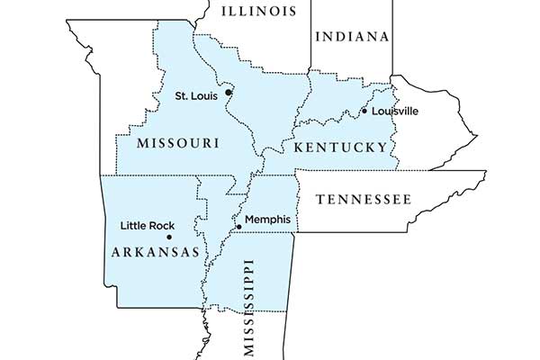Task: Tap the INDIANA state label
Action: (x=352, y=37)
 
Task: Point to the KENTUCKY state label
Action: (x=338, y=146)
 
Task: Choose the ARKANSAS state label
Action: (x=155, y=253)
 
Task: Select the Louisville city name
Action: (x=394, y=111)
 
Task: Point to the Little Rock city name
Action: (x=147, y=226)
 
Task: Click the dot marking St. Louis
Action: (x=229, y=92)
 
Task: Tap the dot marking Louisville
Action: (x=364, y=112)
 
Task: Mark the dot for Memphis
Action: (x=239, y=227)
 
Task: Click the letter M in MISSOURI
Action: (x=145, y=143)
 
